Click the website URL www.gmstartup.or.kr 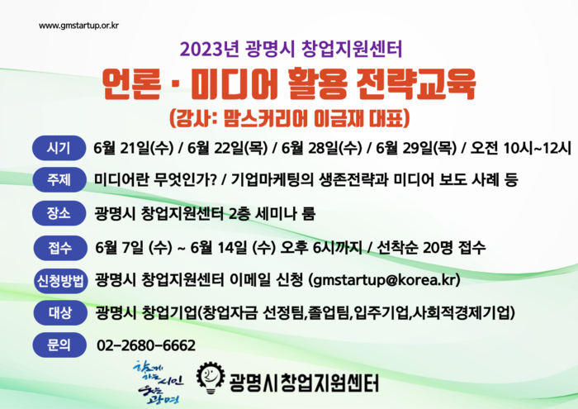78,26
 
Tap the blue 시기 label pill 59,148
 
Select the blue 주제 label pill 59,179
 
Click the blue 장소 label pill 59,213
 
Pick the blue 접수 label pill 59,248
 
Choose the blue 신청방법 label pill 60,281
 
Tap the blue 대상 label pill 59,313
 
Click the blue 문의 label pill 59,345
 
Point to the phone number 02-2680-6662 146,345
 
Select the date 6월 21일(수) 134,148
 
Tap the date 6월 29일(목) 416,148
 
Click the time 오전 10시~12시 520,148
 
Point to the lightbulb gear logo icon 211,378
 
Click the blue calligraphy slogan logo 159,383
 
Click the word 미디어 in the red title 235,84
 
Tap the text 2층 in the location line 239,213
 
